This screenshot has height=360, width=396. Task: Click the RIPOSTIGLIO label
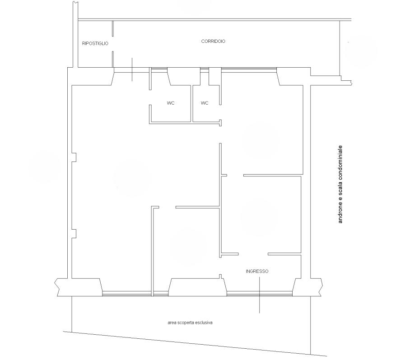95,43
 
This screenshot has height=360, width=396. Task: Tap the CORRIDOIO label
213,41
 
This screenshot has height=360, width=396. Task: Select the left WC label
171,103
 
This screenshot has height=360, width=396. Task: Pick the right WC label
205,103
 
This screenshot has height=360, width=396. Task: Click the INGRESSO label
257,271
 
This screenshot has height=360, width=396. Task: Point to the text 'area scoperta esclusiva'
190,323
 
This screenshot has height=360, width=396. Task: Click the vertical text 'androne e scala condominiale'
340,184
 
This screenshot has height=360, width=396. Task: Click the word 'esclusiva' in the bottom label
204,323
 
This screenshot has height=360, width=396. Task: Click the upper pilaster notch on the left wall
74,157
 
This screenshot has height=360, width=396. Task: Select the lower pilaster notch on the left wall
74,233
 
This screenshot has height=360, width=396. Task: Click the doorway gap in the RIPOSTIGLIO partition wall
112,44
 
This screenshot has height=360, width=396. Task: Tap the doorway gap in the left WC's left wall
150,97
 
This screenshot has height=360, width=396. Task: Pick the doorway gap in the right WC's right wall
220,112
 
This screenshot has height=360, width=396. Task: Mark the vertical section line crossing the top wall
132,69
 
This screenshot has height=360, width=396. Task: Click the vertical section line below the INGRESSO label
259,295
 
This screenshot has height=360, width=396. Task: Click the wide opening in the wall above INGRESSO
253,254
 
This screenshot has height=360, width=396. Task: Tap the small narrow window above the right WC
205,70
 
